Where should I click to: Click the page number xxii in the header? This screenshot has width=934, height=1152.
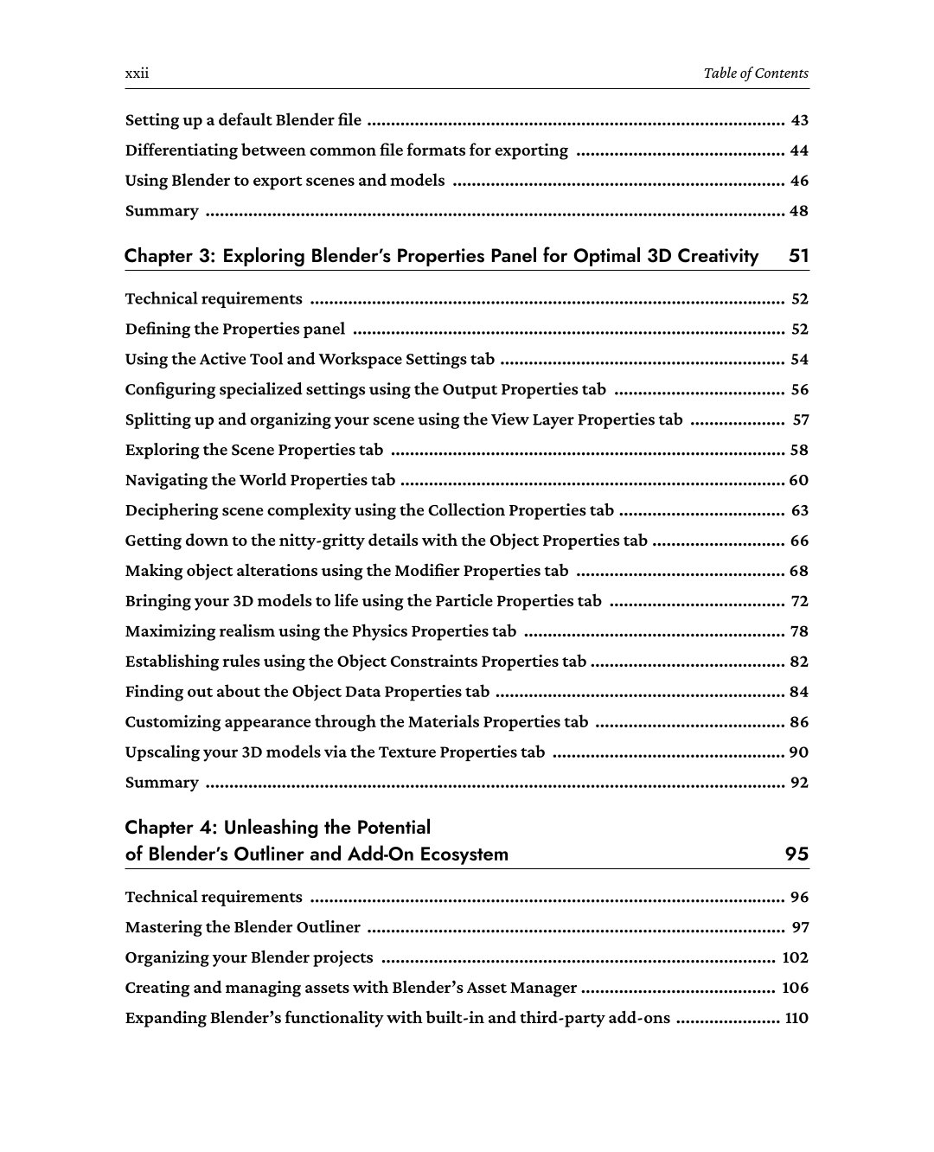point(137,74)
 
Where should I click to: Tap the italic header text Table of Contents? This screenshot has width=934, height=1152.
point(755,74)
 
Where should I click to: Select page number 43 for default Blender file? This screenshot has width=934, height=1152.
point(799,120)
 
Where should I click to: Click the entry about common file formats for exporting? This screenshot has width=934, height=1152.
point(346,150)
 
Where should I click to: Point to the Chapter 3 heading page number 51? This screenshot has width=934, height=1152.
point(798,256)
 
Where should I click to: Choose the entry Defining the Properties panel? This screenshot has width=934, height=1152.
point(234,330)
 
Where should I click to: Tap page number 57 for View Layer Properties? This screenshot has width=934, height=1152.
point(800,420)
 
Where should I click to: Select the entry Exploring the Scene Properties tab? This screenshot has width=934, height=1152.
point(253,451)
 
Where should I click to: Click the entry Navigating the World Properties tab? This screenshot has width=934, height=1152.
point(259,481)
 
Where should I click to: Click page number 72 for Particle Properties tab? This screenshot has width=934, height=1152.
point(799,602)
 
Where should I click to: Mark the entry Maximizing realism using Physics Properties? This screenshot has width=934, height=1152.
point(320,632)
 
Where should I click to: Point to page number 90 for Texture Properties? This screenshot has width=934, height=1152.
point(798,752)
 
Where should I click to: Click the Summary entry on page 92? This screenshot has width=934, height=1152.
point(162,783)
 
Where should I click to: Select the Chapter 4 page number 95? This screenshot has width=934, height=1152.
point(796,854)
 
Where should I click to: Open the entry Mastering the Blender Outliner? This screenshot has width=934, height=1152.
point(242,928)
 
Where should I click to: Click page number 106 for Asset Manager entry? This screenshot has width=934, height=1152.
point(795,988)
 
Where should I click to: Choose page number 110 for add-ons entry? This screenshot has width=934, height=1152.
point(796,1018)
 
